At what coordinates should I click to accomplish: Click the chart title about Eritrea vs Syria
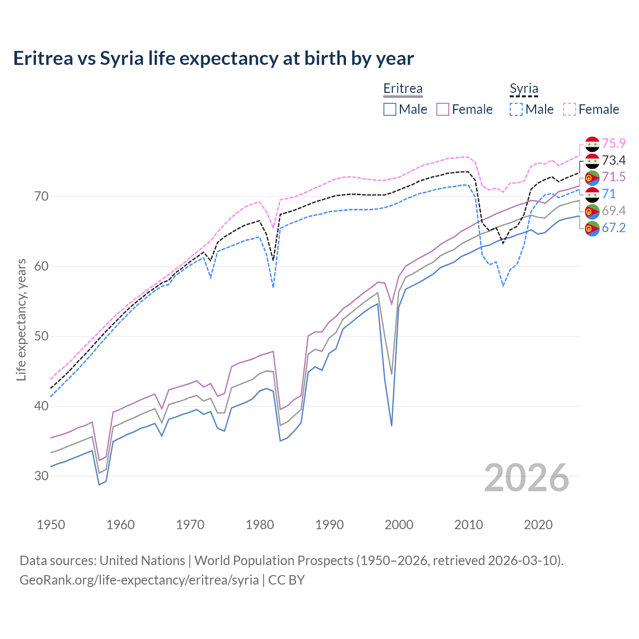(213, 58)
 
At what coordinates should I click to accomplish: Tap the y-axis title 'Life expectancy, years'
(21, 319)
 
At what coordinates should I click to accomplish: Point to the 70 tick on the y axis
(41, 196)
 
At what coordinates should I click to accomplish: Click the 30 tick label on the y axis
(41, 476)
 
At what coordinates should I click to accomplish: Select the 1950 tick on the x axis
(51, 525)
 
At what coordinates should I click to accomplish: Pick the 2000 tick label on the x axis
(399, 525)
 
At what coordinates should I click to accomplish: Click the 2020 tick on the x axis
(538, 525)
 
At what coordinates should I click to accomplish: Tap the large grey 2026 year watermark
(527, 478)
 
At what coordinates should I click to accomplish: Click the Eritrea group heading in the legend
(402, 88)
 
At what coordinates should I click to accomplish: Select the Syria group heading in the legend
(524, 88)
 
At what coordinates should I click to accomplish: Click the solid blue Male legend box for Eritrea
(390, 109)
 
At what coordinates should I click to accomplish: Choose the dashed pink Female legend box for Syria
(570, 109)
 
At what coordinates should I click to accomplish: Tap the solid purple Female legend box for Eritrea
(443, 109)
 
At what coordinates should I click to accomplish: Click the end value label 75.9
(614, 143)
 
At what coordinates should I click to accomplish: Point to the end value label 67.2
(614, 228)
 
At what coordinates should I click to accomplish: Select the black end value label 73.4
(614, 160)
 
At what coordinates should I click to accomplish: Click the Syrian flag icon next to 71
(592, 194)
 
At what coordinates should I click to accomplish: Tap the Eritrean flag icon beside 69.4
(592, 211)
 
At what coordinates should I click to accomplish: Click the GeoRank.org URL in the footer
(139, 580)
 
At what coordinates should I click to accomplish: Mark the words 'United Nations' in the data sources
(142, 561)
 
